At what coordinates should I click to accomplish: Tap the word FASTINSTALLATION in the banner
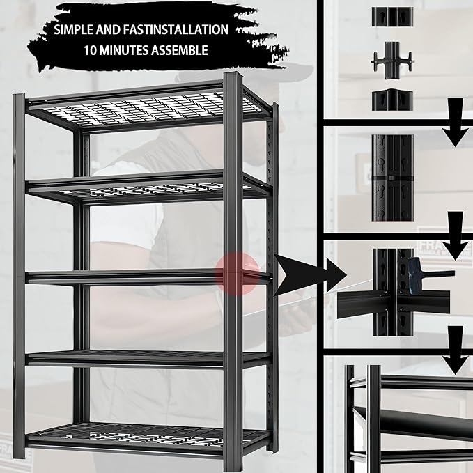176,30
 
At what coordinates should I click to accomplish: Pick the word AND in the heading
120,30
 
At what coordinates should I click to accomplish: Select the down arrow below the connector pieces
457,126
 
